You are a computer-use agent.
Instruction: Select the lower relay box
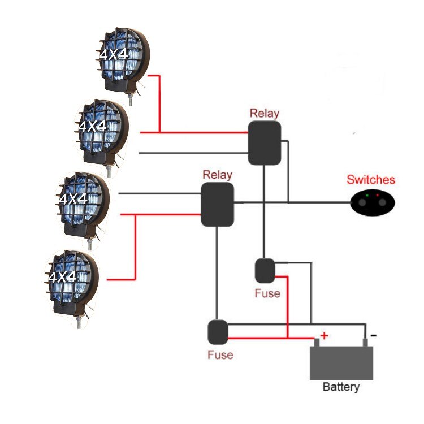(218, 204)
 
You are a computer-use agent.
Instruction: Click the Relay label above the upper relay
(265, 113)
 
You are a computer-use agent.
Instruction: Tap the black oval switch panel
(373, 202)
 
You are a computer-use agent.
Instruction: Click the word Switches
(371, 180)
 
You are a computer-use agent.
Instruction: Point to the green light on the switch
(367, 196)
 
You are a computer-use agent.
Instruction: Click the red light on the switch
(377, 195)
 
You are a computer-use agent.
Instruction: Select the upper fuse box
(265, 270)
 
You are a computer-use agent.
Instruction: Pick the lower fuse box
(218, 332)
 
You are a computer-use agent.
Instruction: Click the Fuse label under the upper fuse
(267, 294)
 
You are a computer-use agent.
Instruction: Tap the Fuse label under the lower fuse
(220, 355)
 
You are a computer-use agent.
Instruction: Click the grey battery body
(341, 362)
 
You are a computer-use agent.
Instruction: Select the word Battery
(341, 388)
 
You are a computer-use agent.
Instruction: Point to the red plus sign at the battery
(324, 336)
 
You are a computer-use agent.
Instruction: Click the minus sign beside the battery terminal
(373, 335)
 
